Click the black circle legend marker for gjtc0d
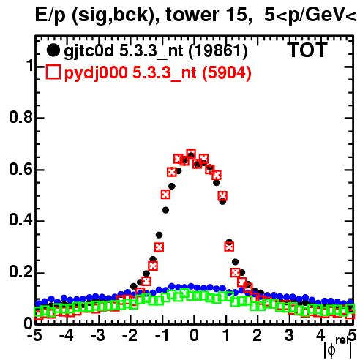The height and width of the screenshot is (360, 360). click(53, 50)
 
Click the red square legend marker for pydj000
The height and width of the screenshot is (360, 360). click(53, 72)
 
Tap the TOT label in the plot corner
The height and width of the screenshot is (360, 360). click(308, 50)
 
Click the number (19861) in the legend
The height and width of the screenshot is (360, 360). click(218, 51)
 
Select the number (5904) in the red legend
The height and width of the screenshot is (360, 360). click(227, 72)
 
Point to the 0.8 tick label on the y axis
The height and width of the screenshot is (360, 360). click(21, 117)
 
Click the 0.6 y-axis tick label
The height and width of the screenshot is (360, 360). click(21, 169)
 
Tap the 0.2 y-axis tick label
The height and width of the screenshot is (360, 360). click(21, 271)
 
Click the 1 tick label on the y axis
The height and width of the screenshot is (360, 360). click(30, 65)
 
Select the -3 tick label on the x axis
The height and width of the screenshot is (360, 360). click(98, 336)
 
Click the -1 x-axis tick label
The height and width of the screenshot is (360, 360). click(162, 336)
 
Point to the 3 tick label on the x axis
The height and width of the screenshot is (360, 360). click(289, 336)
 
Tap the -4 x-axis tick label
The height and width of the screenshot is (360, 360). click(67, 336)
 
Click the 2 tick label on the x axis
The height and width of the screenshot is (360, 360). click(258, 336)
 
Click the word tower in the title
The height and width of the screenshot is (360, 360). click(192, 15)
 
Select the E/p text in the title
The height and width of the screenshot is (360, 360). click(50, 15)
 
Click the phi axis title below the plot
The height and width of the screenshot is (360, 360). click(338, 348)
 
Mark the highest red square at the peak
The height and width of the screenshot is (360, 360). click(191, 154)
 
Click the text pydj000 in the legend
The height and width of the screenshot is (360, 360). click(96, 73)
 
